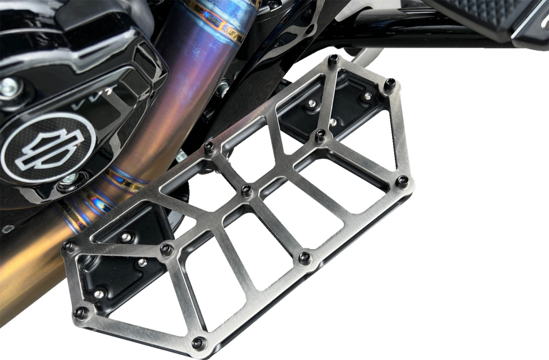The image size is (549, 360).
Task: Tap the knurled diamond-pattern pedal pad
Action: pos(483,16)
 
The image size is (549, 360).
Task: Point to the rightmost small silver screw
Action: pos(368,96)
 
